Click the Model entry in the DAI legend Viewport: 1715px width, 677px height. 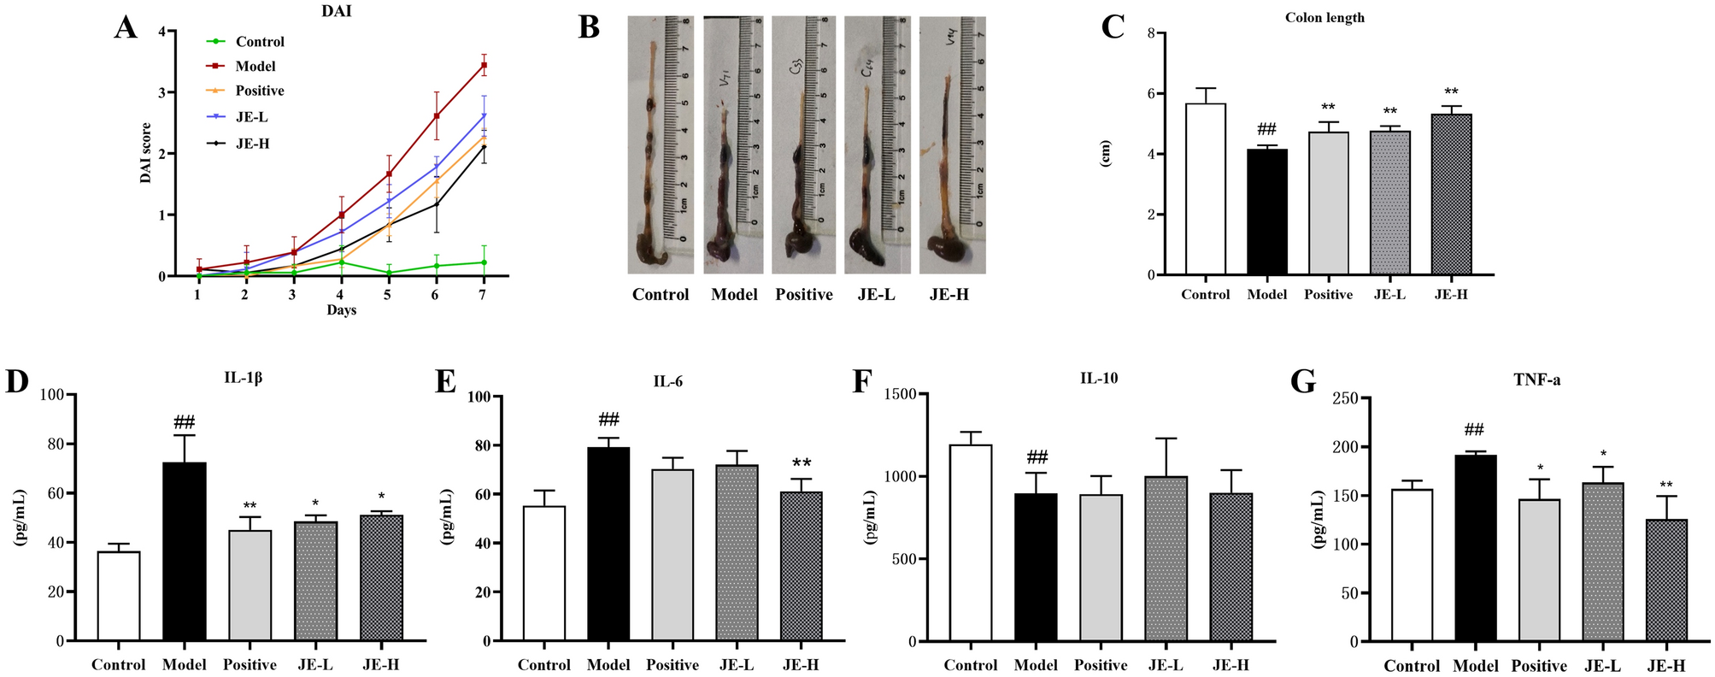pyautogui.click(x=255, y=66)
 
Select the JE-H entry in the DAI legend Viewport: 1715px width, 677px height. pyautogui.click(x=252, y=144)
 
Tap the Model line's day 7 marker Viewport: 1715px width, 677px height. pyautogui.click(x=484, y=65)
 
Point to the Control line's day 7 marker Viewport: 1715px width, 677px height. pyautogui.click(x=484, y=262)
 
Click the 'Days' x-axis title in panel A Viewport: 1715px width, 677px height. pyautogui.click(x=341, y=310)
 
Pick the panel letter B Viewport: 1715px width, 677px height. pyautogui.click(x=589, y=27)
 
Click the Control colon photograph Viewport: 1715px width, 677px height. pyautogui.click(x=661, y=145)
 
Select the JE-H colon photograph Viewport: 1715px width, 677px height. pyautogui.click(x=952, y=145)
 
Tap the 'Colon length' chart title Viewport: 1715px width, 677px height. pyautogui.click(x=1324, y=18)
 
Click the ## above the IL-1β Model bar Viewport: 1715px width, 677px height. pyautogui.click(x=184, y=422)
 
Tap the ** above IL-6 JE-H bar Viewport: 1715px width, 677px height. pyautogui.click(x=802, y=464)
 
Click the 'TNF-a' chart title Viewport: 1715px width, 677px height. pyautogui.click(x=1536, y=380)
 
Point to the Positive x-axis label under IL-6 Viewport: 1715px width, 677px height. pyautogui.click(x=672, y=665)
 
